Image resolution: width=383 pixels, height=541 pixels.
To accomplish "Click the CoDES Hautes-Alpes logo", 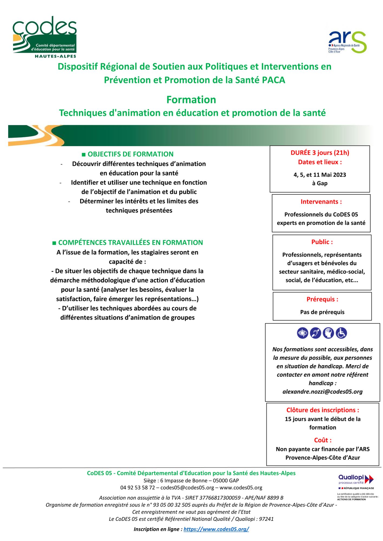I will tap(45, 37).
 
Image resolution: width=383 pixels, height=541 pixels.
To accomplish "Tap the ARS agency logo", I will tap(347, 42).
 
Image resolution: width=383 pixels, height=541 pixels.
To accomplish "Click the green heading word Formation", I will tap(191, 100).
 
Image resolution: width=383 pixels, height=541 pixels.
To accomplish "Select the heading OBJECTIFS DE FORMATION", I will tap(130, 154).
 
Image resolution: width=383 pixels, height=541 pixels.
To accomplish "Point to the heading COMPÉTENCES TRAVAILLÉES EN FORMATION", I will tap(130, 243).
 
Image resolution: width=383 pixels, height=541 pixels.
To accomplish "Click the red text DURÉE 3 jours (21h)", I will tap(320, 153).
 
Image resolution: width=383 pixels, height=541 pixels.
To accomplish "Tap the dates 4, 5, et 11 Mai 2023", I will tap(320, 175).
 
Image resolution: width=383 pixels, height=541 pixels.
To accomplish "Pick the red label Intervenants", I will tap(321, 202).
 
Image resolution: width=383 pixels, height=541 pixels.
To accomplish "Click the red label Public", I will tap(322, 242).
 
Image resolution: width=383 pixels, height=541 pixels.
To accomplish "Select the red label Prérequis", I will tap(322, 299).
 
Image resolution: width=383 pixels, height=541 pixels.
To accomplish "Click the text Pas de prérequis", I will tap(322, 312).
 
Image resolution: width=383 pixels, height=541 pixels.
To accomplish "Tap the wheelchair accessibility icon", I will tap(341, 333).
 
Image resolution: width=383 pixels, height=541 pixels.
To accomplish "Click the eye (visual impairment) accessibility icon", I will tap(302, 333).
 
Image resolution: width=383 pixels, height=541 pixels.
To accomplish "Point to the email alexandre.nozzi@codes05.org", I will tap(322, 392).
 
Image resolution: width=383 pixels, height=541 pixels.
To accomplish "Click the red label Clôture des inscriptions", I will tap(323, 410).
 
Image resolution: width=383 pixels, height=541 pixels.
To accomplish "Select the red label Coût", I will tap(323, 440).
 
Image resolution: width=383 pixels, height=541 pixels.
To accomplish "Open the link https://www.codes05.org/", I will tap(216, 529).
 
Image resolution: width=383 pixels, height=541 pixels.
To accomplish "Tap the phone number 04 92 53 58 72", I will tap(138, 488).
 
